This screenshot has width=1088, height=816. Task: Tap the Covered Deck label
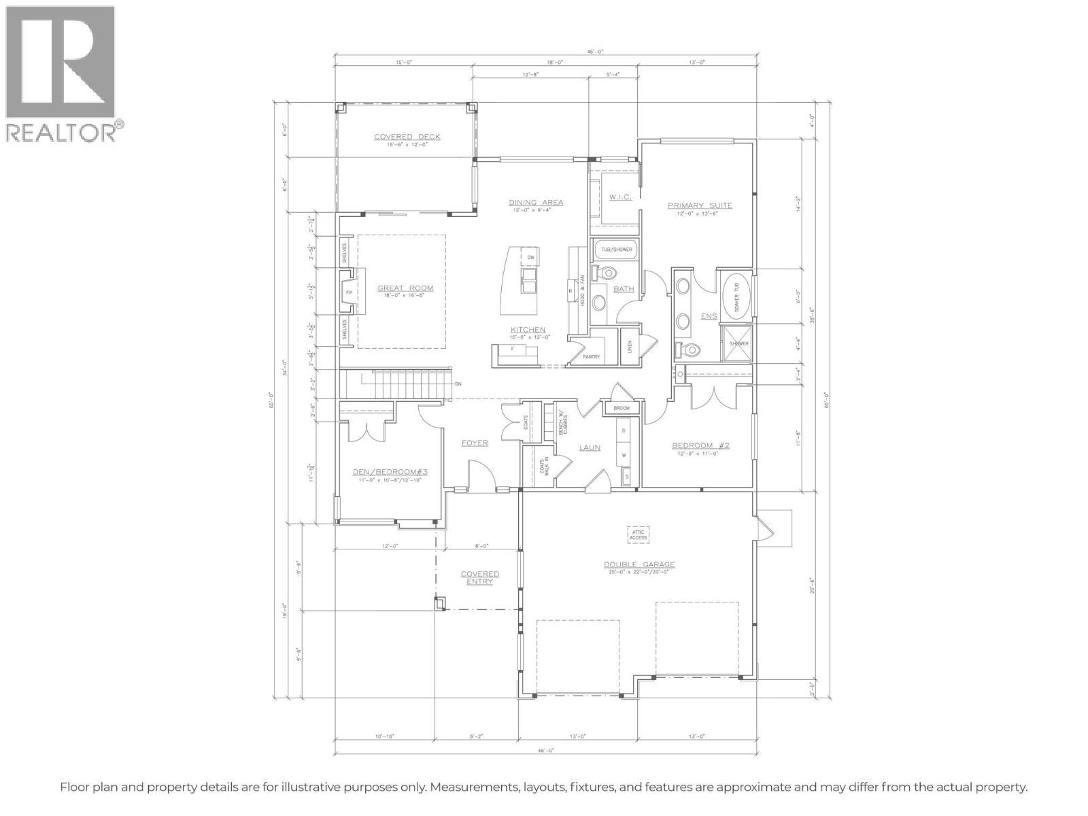(x=407, y=137)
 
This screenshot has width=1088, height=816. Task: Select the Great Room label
(x=405, y=288)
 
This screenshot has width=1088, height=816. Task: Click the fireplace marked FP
(x=349, y=292)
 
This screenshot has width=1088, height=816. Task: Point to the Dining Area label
(x=536, y=203)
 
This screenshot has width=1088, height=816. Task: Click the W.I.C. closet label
(x=620, y=197)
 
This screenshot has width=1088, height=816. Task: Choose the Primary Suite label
(x=700, y=205)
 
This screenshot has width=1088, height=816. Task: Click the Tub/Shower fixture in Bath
(x=616, y=250)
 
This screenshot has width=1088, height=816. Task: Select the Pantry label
(x=591, y=356)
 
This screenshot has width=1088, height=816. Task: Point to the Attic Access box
(x=638, y=534)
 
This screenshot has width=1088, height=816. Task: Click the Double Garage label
(x=639, y=564)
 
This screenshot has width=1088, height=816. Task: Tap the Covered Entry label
(x=479, y=577)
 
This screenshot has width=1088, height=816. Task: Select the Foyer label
(x=475, y=443)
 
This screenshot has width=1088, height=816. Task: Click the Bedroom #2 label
(x=700, y=446)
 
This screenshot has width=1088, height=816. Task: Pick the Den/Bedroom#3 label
(x=390, y=473)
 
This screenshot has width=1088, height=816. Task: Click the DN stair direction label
(x=458, y=384)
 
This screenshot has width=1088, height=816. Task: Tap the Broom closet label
(x=621, y=409)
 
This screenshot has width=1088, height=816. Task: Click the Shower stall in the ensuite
(x=738, y=343)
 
